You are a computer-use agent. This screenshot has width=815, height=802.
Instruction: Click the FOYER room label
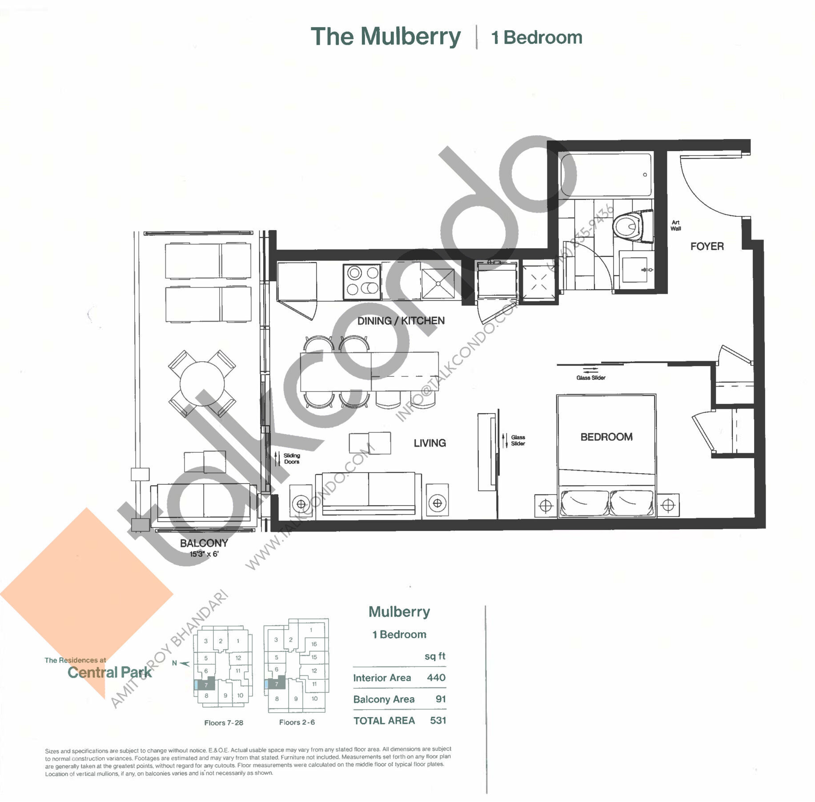707,246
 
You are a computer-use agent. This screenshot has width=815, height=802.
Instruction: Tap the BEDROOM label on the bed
606,437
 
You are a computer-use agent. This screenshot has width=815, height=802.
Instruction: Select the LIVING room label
430,443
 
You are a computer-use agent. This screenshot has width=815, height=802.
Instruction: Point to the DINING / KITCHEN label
401,321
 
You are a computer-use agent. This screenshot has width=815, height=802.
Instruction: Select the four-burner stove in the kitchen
362,282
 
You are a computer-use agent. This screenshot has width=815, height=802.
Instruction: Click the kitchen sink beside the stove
438,283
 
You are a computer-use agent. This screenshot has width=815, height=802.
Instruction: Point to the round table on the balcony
202,383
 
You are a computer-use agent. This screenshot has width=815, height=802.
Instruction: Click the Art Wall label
675,225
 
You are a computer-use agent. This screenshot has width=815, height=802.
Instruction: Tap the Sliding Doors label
292,459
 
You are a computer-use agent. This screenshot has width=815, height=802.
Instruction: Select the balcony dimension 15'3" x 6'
204,554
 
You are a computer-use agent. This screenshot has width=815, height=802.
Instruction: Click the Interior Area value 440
436,678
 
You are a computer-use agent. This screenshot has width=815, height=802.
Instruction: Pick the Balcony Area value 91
440,699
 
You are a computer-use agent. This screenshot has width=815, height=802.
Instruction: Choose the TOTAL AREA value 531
438,720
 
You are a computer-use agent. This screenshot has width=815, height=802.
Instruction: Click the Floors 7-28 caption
224,723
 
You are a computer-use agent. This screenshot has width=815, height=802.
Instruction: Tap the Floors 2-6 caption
297,722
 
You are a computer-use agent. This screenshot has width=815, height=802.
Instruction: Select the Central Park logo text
109,672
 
